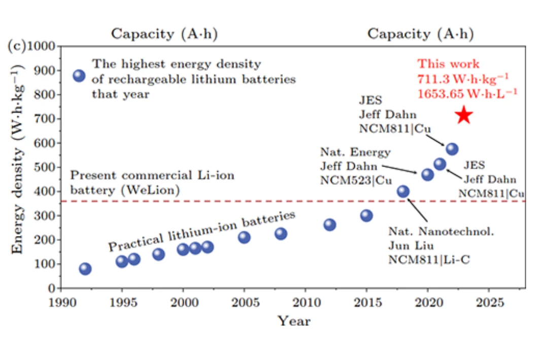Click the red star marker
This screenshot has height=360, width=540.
click(464, 116)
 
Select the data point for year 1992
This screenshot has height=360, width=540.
click(85, 269)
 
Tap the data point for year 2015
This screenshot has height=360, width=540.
click(366, 215)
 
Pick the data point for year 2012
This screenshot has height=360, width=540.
click(330, 224)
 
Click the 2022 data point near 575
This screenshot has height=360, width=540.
click(452, 149)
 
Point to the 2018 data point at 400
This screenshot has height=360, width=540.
click(403, 191)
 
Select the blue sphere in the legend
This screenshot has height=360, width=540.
click(79, 76)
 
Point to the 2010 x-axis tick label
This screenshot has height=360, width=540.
click(306, 303)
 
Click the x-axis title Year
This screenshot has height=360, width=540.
click(294, 321)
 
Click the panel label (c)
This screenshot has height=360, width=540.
click(16, 46)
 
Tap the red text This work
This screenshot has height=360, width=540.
click(448, 64)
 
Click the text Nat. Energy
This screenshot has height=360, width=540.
click(355, 152)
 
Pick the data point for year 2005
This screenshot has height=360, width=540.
click(244, 237)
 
